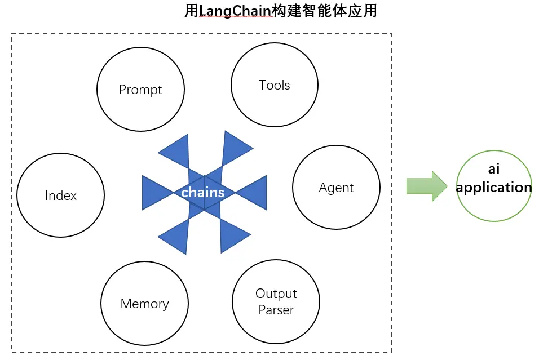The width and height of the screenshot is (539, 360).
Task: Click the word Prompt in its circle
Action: coord(140,90)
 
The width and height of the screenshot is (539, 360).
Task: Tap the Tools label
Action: coord(275,85)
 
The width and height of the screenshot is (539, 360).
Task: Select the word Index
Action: coord(61,195)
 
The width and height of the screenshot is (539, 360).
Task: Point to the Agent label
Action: coord(336,188)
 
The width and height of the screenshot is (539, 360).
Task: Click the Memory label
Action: coord(144,304)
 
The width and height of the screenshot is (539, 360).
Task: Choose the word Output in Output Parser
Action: coord(276,294)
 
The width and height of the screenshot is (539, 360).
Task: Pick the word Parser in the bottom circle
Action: coord(276,310)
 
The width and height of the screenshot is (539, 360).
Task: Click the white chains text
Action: coord(203,193)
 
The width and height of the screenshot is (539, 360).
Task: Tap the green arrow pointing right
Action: coord(426,186)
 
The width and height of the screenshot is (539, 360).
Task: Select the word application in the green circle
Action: coord(494,188)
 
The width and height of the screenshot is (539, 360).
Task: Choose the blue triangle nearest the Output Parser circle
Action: coord(232,235)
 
